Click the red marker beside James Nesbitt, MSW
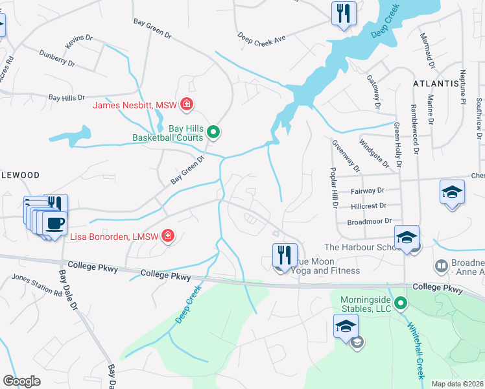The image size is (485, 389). (187, 104)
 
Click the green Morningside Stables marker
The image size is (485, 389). (401, 303)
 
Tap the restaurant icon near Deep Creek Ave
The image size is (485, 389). (342, 14)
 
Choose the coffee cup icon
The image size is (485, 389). (53, 224)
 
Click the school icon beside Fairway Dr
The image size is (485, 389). (452, 193)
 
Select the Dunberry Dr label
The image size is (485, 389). (56, 60)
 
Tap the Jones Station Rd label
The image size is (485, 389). (36, 286)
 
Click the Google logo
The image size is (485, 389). (21, 381)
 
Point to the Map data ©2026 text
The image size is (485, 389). (457, 384)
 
